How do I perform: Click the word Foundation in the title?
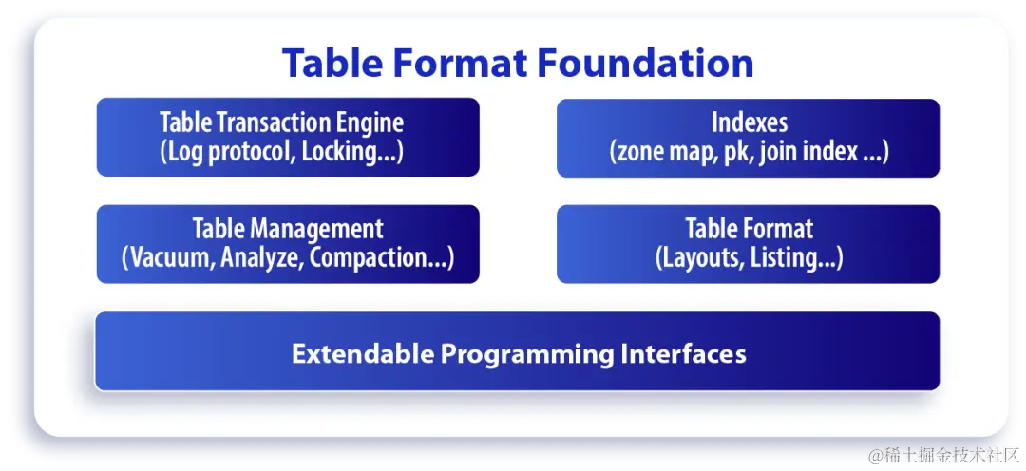tap(645, 64)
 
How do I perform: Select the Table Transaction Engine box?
tap(288, 137)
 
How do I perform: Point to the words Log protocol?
tap(233, 152)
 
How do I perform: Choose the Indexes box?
tap(748, 137)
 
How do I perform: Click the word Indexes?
tap(749, 122)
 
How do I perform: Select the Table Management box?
tap(288, 243)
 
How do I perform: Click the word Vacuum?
tap(171, 258)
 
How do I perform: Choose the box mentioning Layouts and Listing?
tap(748, 243)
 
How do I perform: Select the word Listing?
tap(790, 258)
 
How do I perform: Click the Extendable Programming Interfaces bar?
tap(518, 351)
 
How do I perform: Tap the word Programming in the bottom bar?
tap(527, 354)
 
